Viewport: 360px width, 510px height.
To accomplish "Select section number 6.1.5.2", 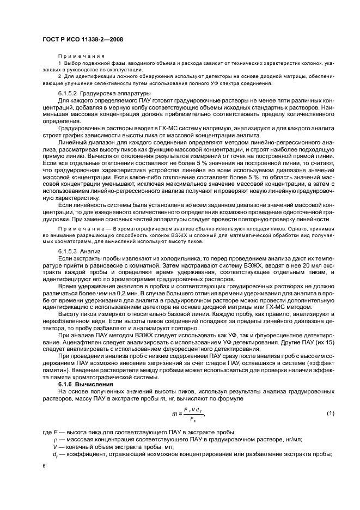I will tap(70, 94).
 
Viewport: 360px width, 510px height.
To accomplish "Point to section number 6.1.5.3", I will tap(70, 251).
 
